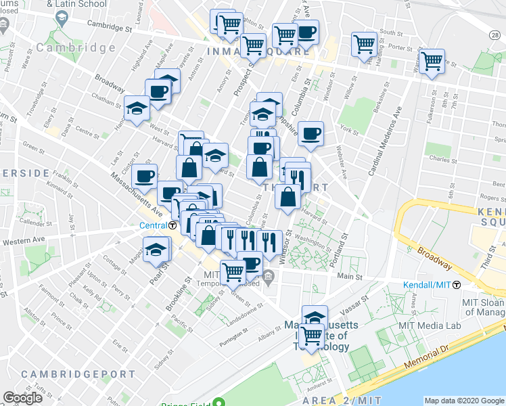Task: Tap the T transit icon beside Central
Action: pyautogui.click(x=173, y=226)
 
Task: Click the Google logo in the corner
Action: pyautogui.click(x=22, y=398)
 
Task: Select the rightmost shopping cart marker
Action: pyautogui.click(x=432, y=62)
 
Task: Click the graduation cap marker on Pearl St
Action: pyautogui.click(x=156, y=250)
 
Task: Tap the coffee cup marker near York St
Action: pyautogui.click(x=310, y=134)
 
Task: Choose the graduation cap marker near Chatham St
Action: pyautogui.click(x=137, y=108)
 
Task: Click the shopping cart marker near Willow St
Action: pyautogui.click(x=364, y=45)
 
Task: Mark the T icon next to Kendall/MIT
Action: pyautogui.click(x=457, y=285)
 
